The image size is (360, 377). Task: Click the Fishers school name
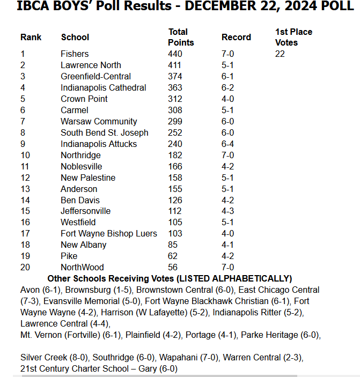pos(75,54)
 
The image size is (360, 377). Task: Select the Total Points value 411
pos(175,65)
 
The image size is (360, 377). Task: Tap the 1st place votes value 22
pos(280,54)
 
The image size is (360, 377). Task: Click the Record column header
pos(236,37)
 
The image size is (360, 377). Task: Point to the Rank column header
pos(31,37)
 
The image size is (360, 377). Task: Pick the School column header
pos(75,37)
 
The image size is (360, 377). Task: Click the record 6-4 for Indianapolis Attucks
pos(227,144)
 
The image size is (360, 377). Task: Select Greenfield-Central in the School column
pos(95,76)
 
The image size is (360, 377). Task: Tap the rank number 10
pos(25,155)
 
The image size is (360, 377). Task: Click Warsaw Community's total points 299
pos(175,121)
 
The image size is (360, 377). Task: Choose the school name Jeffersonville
pos(85,211)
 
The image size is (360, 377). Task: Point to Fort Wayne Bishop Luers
pos(109,233)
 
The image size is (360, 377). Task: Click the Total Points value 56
pos(173,267)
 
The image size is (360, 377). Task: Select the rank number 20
pos(25,267)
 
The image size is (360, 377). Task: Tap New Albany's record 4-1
pos(227,245)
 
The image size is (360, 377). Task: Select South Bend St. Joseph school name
pos(105,132)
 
